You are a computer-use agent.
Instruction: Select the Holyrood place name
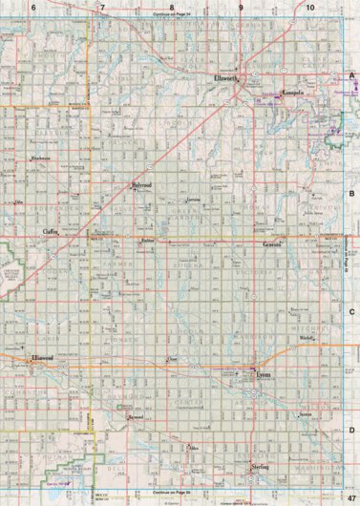[142, 186]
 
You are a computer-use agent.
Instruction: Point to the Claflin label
[51, 232]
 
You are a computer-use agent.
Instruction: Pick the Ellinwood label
[42, 358]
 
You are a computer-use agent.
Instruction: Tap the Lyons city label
[265, 375]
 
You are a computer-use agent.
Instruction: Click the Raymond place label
[135, 418]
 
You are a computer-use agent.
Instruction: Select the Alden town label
[196, 447]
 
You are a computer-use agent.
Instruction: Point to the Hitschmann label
[40, 158]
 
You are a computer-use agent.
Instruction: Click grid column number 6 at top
[33, 7]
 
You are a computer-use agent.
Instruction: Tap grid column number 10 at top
[311, 7]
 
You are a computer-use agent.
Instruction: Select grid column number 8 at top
[172, 7]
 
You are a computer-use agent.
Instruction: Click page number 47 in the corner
[351, 497]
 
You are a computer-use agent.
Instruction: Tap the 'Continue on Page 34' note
[172, 15]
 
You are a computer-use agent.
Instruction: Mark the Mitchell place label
[307, 339]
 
